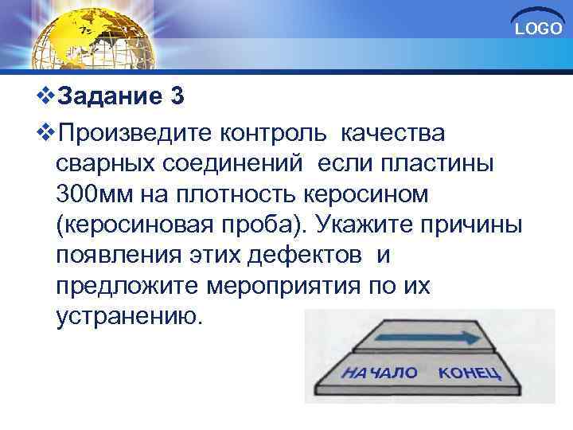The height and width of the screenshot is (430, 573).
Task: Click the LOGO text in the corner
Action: pos(539,29)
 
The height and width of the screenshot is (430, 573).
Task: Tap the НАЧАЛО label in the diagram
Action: pos(380,373)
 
